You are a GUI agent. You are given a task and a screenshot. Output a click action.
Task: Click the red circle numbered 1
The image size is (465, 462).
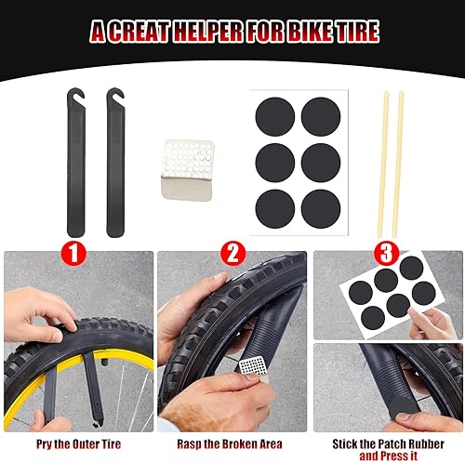click(74, 252)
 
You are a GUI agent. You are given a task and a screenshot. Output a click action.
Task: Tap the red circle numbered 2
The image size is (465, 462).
click(232, 252)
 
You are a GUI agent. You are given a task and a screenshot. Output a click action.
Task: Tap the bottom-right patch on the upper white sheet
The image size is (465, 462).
click(320, 206)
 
